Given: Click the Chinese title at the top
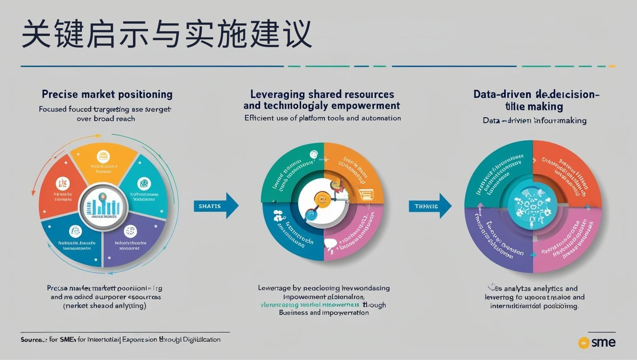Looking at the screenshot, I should [x=167, y=34].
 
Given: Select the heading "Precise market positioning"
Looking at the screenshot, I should [x=107, y=94].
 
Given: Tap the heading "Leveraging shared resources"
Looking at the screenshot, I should [x=322, y=94].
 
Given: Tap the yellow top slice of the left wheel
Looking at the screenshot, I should [x=103, y=163].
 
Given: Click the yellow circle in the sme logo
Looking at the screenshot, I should [x=584, y=343].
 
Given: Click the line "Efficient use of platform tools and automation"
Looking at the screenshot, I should [x=322, y=118].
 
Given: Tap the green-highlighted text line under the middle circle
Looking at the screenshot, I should [x=311, y=305].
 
